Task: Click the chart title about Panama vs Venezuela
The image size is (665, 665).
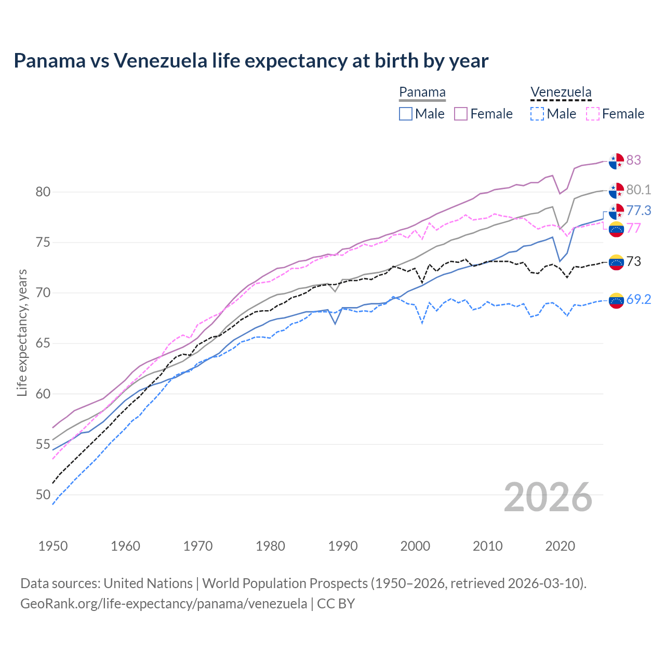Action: (251, 61)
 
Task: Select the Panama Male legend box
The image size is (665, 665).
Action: (406, 114)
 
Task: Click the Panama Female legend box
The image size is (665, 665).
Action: (461, 114)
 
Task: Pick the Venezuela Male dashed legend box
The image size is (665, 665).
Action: (537, 114)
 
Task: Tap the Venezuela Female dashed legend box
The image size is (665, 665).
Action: (592, 114)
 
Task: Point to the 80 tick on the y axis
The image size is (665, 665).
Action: (43, 192)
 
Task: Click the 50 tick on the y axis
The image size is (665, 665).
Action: (43, 495)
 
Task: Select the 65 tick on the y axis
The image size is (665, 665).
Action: (43, 343)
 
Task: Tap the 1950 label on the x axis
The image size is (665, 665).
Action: (53, 546)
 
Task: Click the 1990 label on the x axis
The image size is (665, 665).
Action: (343, 546)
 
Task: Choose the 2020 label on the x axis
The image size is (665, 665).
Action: (560, 546)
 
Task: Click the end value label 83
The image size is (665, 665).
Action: (633, 160)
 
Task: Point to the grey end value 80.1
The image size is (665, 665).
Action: (639, 190)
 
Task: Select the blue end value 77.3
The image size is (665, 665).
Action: (639, 210)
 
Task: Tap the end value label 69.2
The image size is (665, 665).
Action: (639, 299)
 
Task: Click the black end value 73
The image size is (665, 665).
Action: (633, 261)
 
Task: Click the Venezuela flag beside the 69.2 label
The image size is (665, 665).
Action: (616, 300)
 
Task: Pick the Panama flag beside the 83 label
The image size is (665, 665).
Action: (616, 161)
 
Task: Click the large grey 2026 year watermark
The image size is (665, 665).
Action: (548, 497)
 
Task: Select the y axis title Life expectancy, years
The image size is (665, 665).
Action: (22, 332)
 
